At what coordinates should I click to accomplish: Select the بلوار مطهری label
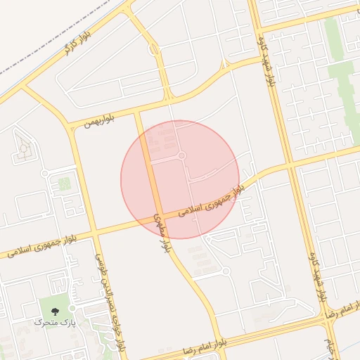tap(160, 229)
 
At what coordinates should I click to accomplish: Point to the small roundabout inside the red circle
tap(181, 155)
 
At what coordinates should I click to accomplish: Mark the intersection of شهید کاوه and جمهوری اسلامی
tap(288, 165)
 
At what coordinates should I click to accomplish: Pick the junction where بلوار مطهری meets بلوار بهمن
tap(138, 112)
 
